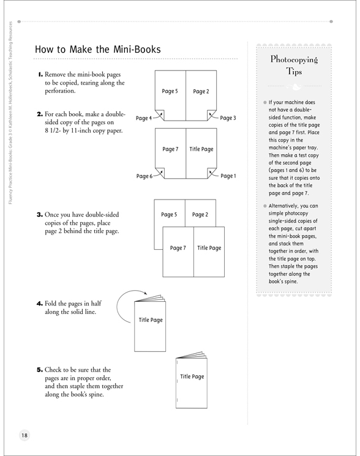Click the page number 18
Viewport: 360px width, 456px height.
[x=24, y=435]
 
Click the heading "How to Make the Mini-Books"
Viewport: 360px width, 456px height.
[x=98, y=49]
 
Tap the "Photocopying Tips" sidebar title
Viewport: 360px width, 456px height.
[x=294, y=65]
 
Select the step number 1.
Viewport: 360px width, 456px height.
[x=40, y=75]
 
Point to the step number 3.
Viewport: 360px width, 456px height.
[x=40, y=215]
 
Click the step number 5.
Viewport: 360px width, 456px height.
[x=40, y=370]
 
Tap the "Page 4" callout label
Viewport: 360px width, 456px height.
[x=144, y=118]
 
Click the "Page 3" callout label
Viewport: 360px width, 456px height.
[x=228, y=118]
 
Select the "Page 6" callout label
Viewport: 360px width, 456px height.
[x=144, y=176]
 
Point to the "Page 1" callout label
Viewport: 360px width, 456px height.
[x=228, y=176]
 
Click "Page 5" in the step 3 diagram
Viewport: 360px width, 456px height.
[x=169, y=215]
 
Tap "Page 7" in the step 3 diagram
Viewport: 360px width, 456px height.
[x=178, y=248]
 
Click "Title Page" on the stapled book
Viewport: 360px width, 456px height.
[x=192, y=376]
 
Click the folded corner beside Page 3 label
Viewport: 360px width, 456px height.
[x=211, y=115]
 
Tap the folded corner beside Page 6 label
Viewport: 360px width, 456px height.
[x=160, y=173]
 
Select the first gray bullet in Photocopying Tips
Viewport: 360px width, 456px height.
[x=265, y=102]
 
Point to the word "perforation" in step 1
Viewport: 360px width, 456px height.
[x=60, y=91]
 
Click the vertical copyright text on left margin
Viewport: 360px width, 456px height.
[x=11, y=113]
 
